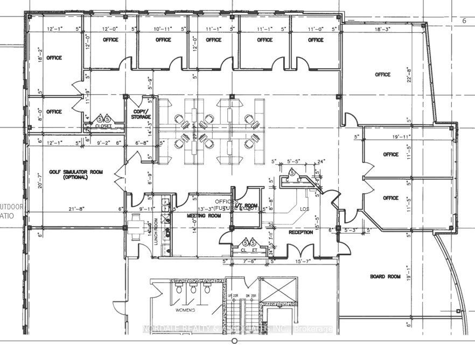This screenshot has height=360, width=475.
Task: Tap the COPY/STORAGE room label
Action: pyautogui.click(x=141, y=114)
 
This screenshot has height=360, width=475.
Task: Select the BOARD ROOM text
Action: pyautogui.click(x=385, y=277)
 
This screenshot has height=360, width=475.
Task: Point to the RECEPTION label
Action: pyautogui.click(x=301, y=232)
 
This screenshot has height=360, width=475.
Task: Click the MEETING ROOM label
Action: pyautogui.click(x=204, y=216)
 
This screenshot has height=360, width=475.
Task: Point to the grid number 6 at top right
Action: pyautogui.click(x=464, y=21)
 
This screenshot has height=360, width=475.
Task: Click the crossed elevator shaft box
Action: pyautogui.click(x=280, y=290)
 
